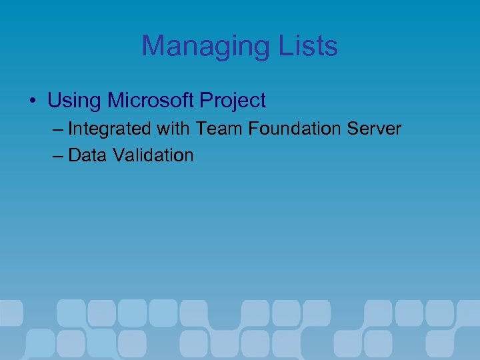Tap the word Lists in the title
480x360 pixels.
(x=304, y=47)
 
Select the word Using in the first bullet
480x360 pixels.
(x=74, y=101)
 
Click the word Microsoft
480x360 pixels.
(x=150, y=101)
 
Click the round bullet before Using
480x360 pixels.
(x=32, y=102)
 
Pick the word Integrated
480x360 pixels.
(x=109, y=129)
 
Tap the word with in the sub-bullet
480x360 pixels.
(x=173, y=129)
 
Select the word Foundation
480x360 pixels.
(x=287, y=129)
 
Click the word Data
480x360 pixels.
(x=88, y=155)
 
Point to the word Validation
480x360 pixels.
(x=153, y=155)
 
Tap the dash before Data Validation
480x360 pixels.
(x=56, y=156)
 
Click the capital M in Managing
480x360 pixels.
(x=153, y=47)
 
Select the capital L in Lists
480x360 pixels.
(x=279, y=47)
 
